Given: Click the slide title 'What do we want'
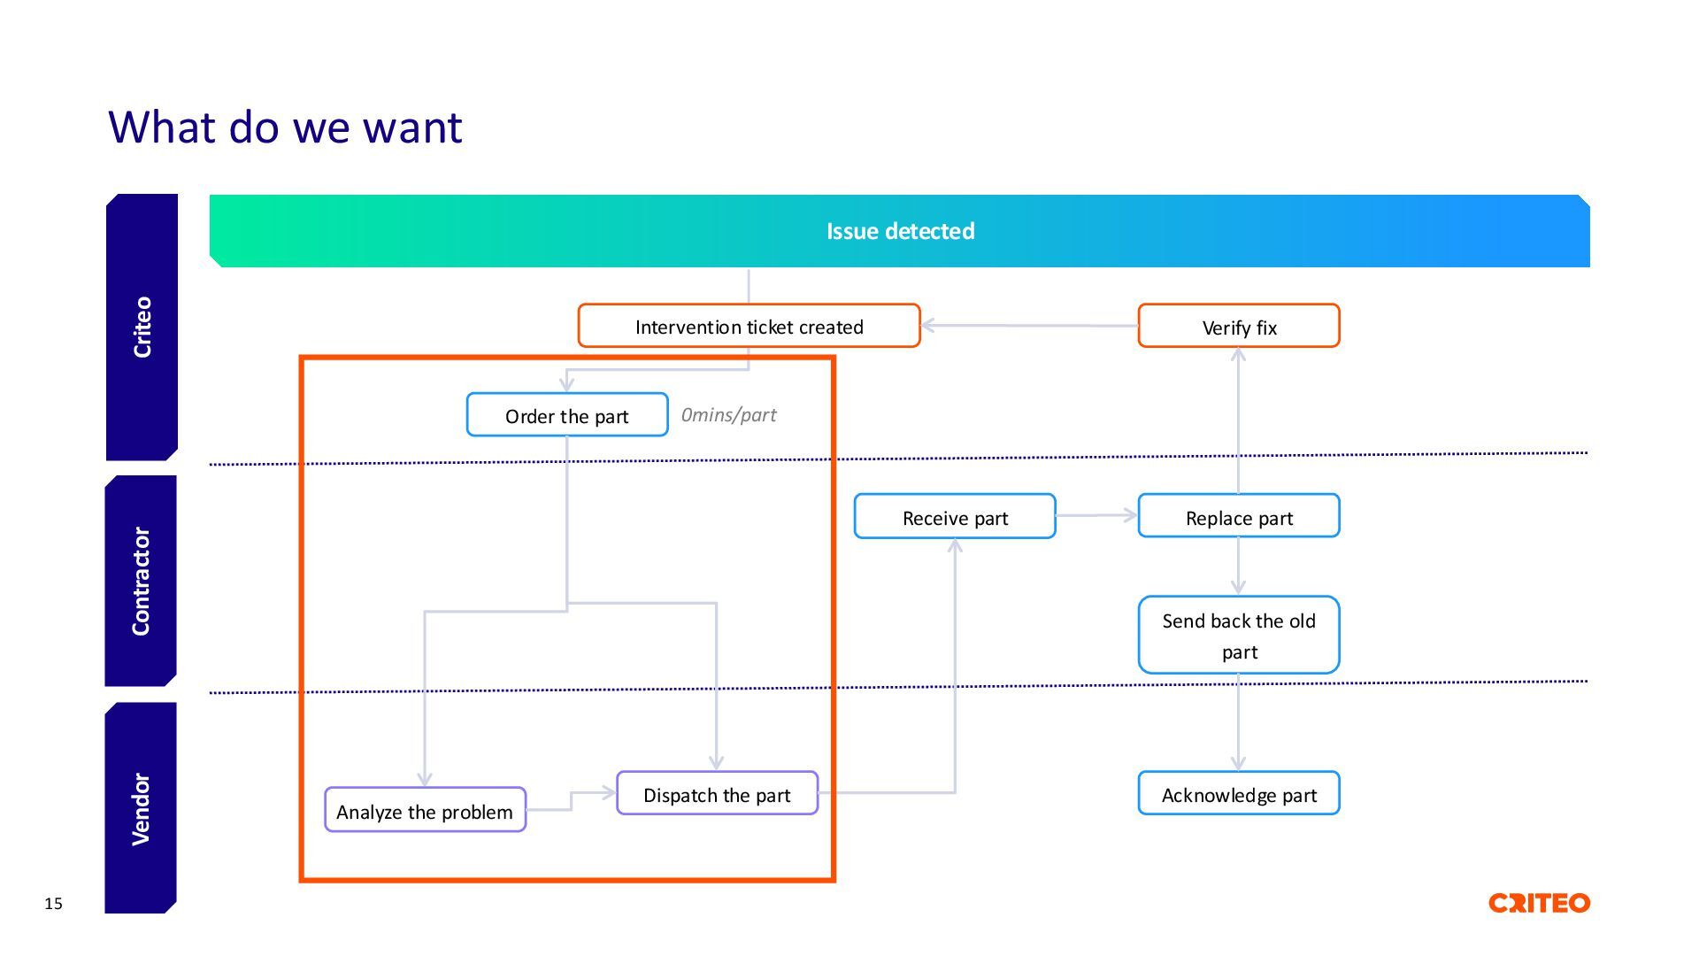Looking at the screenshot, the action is [285, 127].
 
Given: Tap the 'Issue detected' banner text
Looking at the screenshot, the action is [900, 231].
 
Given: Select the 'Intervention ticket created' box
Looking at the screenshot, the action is [749, 326].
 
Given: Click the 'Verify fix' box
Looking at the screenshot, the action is [1239, 326].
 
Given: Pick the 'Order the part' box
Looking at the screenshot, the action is [567, 414].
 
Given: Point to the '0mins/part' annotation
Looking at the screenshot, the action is [728, 414].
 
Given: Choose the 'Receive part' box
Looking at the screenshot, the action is [955, 516].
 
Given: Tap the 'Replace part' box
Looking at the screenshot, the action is [1239, 516].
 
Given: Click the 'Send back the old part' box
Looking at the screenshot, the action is [1239, 635].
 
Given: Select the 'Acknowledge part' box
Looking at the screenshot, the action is [1239, 793].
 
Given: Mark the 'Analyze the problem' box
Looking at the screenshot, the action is [425, 810].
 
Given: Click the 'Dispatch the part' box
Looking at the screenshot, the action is [717, 793].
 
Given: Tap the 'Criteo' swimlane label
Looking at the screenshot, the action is [142, 327].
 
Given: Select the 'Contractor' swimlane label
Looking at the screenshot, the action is [141, 581].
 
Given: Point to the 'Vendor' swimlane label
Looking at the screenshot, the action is [141, 808].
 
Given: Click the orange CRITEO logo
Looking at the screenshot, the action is [1539, 903].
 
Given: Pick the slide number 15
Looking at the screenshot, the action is [53, 904].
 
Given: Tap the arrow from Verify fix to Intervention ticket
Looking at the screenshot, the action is [1030, 326].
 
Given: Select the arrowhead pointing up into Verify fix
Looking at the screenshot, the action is [1238, 354].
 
